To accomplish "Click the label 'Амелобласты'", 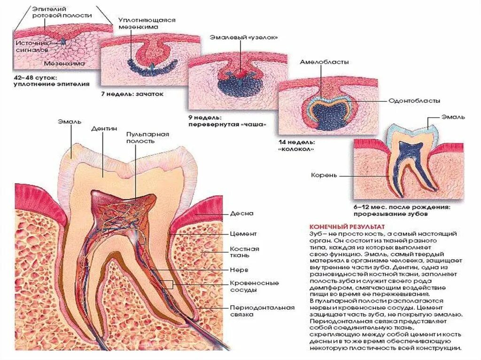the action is pos(324,62).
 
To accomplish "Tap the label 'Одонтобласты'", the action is pos(414,100).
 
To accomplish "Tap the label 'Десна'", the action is pos(241,213).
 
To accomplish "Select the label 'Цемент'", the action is pos(243,233).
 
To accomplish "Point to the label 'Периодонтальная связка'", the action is pos(262,311).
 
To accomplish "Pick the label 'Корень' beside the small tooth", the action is pos(324,176).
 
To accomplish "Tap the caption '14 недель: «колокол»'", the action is pos(296,145).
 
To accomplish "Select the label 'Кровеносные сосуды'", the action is pos(254,286).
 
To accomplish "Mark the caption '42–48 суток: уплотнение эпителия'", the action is pos(45,80).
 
